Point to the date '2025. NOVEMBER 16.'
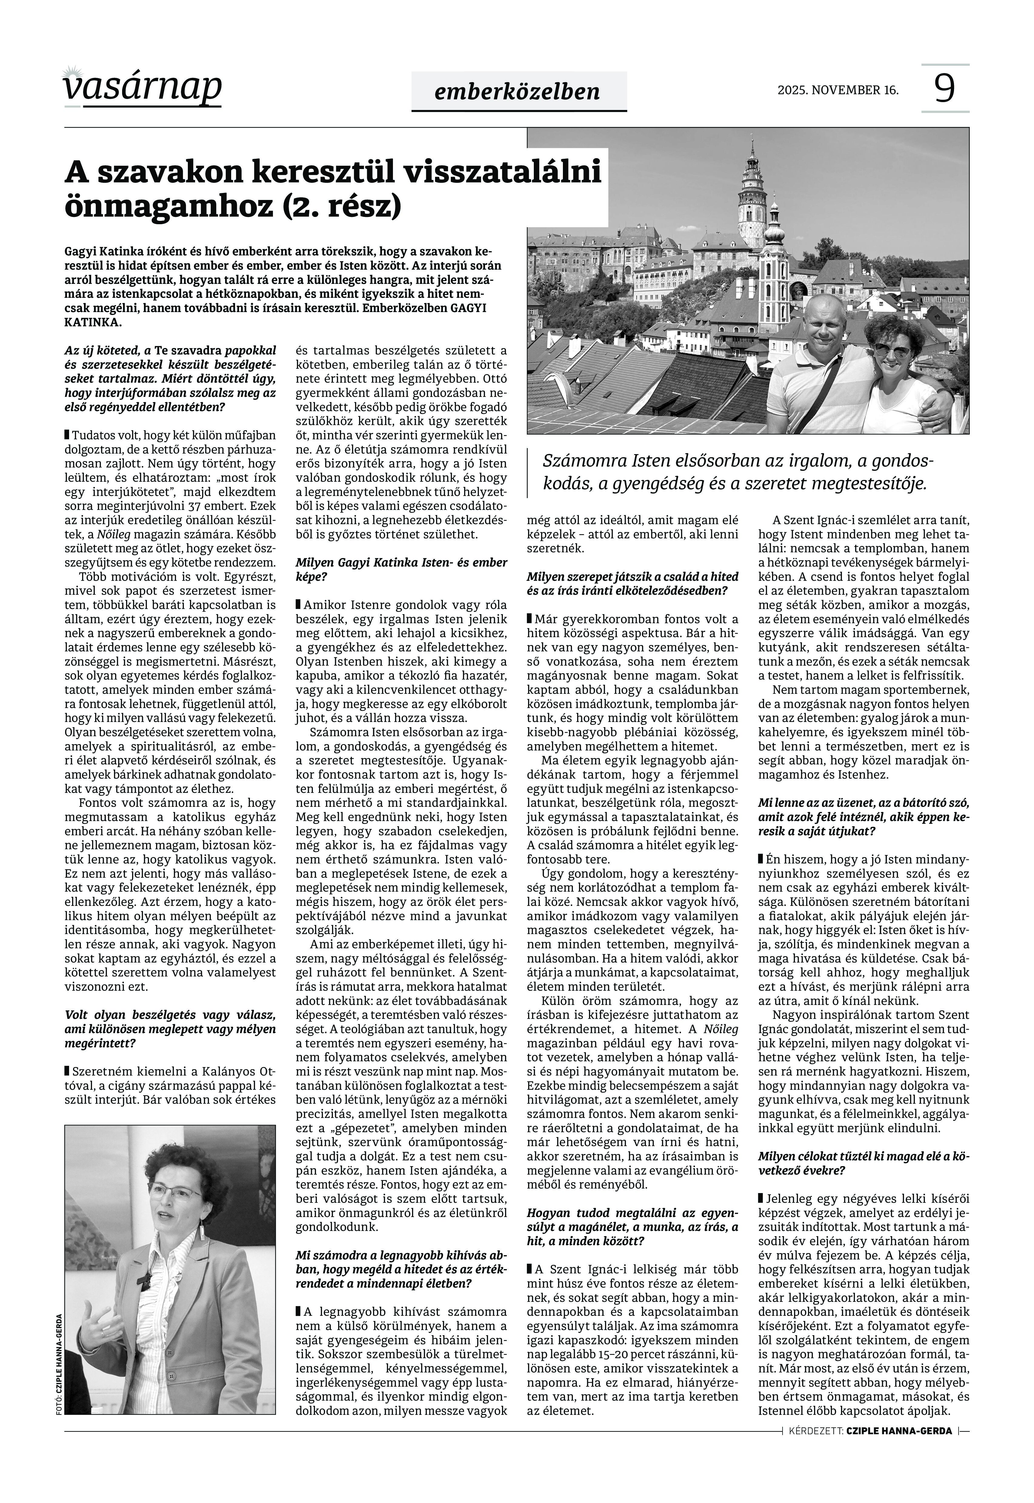tap(838, 90)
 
